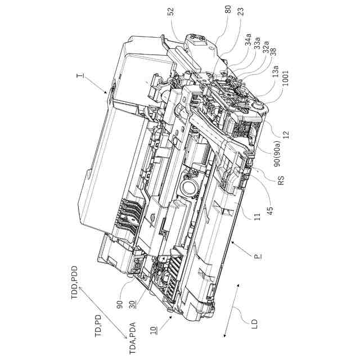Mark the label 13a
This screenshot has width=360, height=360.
tap(276, 72)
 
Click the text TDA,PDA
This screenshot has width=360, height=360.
tap(132, 336)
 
